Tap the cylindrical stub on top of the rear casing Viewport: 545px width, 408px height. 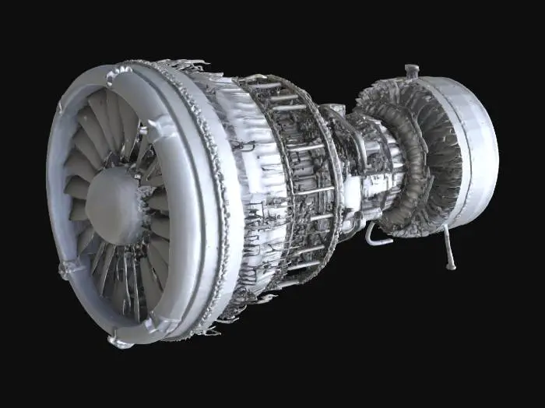click(x=411, y=71)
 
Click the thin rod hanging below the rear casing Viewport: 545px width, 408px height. click(x=446, y=246)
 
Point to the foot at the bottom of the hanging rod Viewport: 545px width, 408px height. click(x=449, y=266)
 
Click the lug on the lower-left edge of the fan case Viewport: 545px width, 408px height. click(x=64, y=269)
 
